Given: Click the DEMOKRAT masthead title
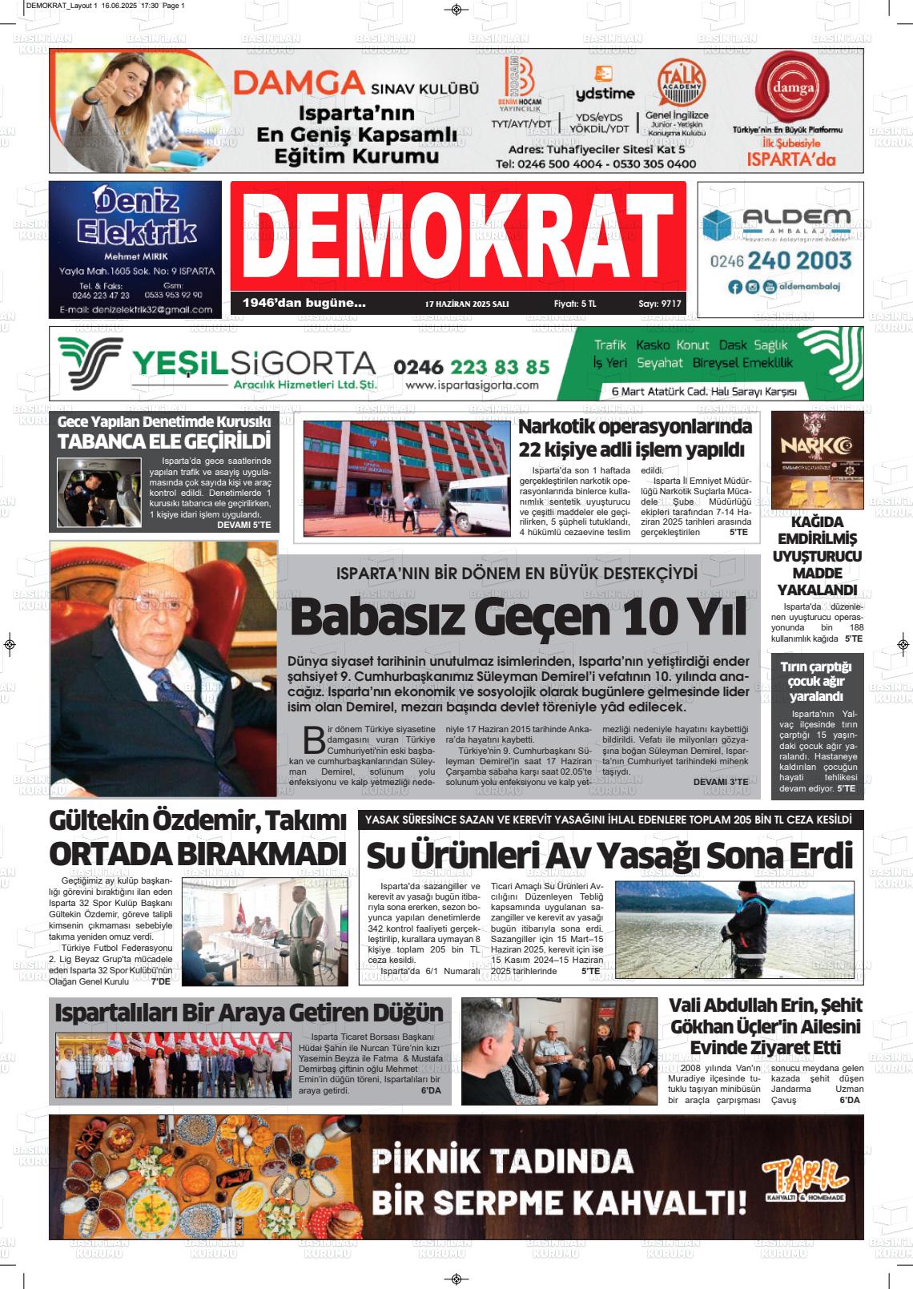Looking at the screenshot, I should [457, 238].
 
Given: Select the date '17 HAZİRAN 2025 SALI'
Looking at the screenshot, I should [467, 304].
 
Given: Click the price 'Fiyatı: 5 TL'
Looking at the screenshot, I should [575, 304].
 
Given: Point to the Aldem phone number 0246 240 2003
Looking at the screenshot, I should [780, 261].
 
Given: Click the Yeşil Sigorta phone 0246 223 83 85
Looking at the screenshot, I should [472, 367].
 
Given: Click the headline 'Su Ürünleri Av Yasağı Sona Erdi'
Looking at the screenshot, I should [609, 854].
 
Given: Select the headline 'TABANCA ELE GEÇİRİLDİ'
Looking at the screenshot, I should [164, 441].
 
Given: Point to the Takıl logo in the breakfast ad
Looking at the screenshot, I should [804, 1178].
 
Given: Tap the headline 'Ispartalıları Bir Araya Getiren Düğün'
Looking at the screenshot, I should [249, 1012].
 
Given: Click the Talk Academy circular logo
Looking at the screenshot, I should [681, 83].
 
